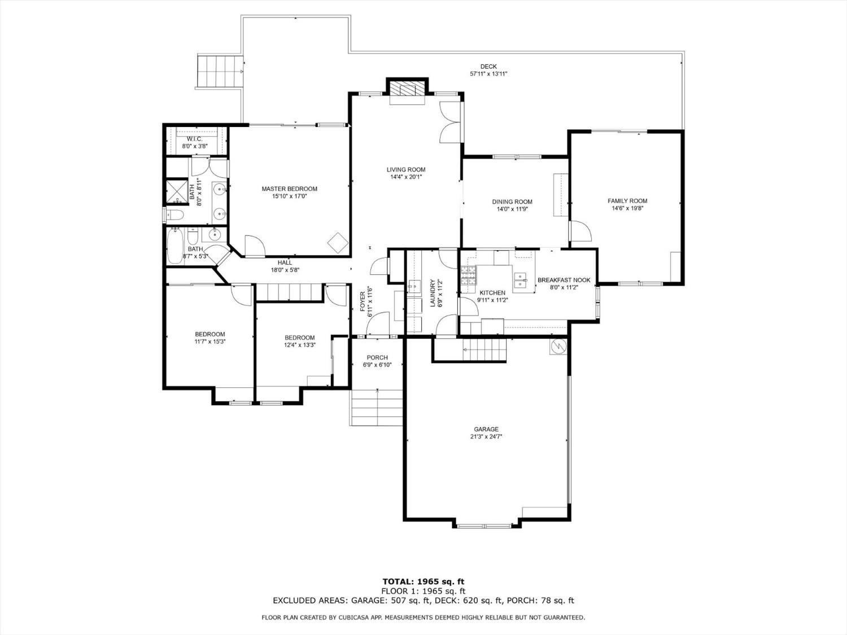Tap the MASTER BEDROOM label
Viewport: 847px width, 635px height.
click(289, 189)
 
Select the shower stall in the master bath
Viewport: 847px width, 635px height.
click(176, 191)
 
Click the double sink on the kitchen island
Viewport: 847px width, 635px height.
click(522, 278)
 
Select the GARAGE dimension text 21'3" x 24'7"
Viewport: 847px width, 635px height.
click(486, 436)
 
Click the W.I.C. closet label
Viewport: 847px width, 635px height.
click(194, 139)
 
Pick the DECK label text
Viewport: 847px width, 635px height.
click(488, 67)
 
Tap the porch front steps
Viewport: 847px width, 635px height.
click(376, 407)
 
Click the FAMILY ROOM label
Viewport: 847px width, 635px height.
click(627, 201)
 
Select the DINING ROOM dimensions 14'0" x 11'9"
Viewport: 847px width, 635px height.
click(512, 209)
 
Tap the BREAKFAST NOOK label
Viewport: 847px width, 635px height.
click(564, 280)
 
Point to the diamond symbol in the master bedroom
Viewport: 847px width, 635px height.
click(338, 243)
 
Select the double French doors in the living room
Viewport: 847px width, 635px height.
click(450, 122)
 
